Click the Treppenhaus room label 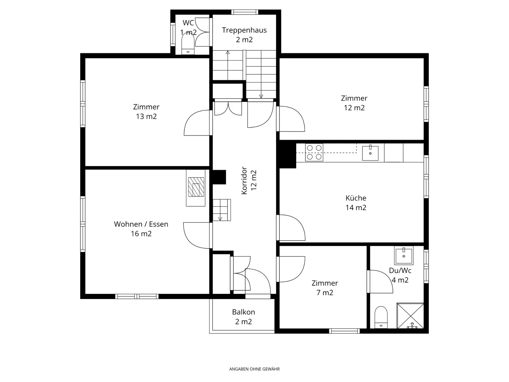[244, 30]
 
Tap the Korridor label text [244, 180]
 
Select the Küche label [356, 198]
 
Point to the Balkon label [243, 312]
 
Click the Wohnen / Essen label [141, 224]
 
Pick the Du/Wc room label [400, 271]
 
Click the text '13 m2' [146, 116]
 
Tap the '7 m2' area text [325, 293]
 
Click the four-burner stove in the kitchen [314, 152]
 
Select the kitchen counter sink [370, 153]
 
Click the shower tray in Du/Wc [410, 316]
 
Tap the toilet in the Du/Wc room [381, 317]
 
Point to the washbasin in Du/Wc [404, 255]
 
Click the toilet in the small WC [188, 44]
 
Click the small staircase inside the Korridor [222, 210]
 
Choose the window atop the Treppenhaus [245, 12]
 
